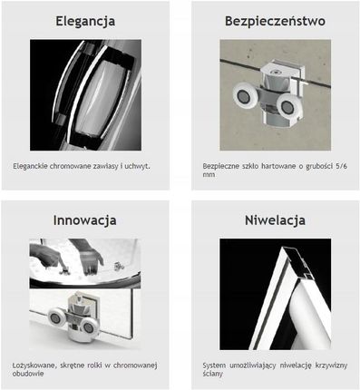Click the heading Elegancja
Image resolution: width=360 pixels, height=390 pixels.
pyautogui.click(x=85, y=22)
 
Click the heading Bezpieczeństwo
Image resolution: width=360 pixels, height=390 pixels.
pyautogui.click(x=275, y=21)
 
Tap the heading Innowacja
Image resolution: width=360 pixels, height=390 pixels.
pyautogui.click(x=85, y=220)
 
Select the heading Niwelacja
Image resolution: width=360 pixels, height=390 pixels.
pyautogui.click(x=275, y=220)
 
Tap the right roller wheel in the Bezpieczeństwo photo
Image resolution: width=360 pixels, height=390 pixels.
pyautogui.click(x=289, y=105)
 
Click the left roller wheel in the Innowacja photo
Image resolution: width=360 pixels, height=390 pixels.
pyautogui.click(x=56, y=318)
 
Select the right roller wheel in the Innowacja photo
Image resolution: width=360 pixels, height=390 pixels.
pyautogui.click(x=89, y=327)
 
